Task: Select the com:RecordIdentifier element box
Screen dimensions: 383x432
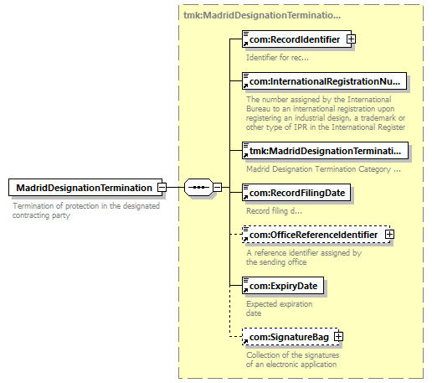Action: (293, 39)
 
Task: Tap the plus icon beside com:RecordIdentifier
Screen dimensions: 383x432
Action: (352, 39)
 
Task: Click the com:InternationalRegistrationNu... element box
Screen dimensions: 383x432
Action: (324, 81)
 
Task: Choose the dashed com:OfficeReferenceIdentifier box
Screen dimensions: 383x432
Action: (312, 235)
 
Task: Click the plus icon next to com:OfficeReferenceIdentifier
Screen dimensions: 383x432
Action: (389, 235)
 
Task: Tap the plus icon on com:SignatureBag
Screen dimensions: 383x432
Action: (339, 337)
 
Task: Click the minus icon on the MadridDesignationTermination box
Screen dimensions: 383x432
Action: (162, 187)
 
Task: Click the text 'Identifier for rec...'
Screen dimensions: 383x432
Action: (277, 58)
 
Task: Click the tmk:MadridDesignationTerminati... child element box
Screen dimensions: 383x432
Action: (324, 151)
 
